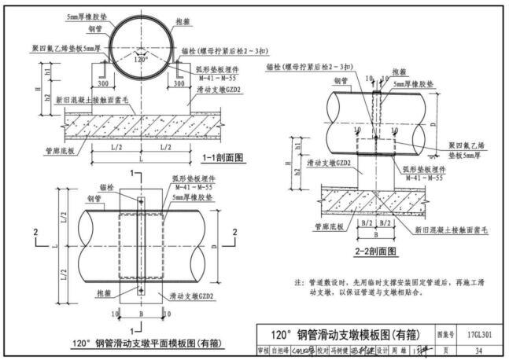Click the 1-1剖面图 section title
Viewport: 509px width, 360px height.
coord(222,157)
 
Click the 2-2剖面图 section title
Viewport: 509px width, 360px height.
coord(374,252)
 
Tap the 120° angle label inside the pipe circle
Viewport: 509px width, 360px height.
coord(141,59)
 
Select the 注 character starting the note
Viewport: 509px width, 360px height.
coord(299,281)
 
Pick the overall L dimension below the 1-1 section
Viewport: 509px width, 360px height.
coord(142,158)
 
